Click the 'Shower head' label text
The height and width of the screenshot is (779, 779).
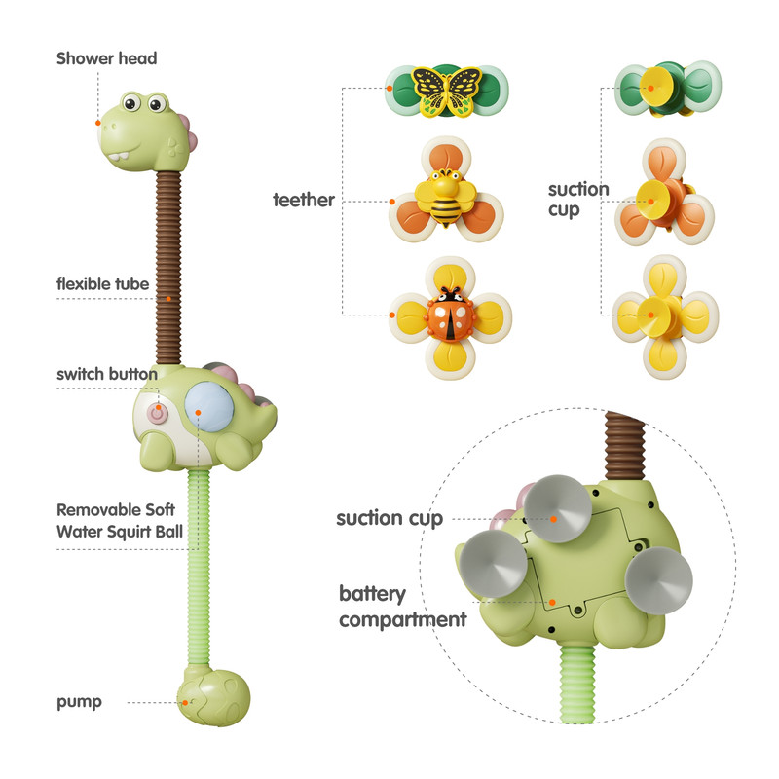pos(107,58)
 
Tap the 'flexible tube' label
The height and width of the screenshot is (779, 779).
pos(103,283)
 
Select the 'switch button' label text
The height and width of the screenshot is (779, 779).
pos(107,374)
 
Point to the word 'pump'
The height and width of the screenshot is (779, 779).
pos(80,702)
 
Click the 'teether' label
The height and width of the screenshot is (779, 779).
pos(304,200)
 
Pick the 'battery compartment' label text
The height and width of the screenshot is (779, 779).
pos(402,607)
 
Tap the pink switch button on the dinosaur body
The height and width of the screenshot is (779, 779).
pos(158,413)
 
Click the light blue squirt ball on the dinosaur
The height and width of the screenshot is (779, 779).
pos(209,406)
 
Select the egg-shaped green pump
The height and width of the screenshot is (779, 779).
pos(214,696)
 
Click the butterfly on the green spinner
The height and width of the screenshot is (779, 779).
pos(447,92)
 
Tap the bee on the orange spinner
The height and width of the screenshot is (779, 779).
pos(446,198)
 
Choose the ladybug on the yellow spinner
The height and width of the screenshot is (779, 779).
pos(451,315)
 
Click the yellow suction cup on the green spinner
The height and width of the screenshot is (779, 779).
pos(656,88)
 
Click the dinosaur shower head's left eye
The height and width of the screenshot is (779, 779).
pos(131,102)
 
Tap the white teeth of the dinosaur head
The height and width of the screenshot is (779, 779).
pos(119,157)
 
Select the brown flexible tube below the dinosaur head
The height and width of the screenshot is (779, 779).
pos(168,268)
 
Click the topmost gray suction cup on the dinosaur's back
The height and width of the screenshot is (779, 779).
pos(557,508)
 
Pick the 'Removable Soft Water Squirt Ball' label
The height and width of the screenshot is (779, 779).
pos(120,521)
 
